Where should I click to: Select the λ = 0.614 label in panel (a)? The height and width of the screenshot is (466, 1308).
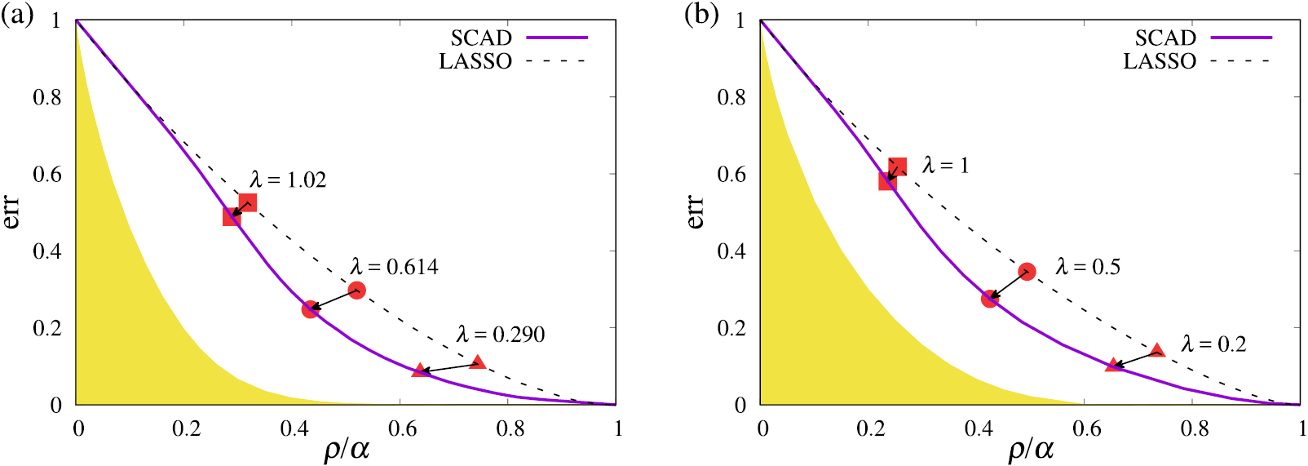(395, 267)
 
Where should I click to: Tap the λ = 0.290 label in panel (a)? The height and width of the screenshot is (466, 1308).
(501, 335)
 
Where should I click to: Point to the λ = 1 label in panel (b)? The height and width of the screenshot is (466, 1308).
(946, 166)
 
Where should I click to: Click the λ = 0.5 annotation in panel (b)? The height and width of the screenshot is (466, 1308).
(1088, 267)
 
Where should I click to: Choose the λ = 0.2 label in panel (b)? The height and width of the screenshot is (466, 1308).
(1213, 344)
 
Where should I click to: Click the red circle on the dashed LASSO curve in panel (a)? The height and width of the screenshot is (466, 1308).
(356, 290)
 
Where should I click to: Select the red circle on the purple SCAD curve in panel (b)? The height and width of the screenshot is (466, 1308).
(989, 299)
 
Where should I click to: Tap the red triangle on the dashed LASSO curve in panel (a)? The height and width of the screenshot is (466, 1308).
(478, 362)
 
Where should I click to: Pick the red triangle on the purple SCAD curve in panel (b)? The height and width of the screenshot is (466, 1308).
(1112, 366)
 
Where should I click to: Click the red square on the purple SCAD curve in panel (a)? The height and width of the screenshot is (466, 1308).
(232, 216)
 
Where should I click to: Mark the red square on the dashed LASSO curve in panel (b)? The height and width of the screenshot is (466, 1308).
(897, 167)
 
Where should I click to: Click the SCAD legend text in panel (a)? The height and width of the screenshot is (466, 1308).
(481, 38)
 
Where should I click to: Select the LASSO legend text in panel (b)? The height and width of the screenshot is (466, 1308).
(1159, 61)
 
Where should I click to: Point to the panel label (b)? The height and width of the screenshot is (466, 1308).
(700, 15)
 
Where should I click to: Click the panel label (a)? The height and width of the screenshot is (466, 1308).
(17, 15)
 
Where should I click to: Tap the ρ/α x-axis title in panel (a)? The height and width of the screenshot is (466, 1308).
(347, 449)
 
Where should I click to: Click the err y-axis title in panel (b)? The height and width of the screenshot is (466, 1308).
(695, 211)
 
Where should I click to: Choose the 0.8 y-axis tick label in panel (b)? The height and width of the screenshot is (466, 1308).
(731, 97)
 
